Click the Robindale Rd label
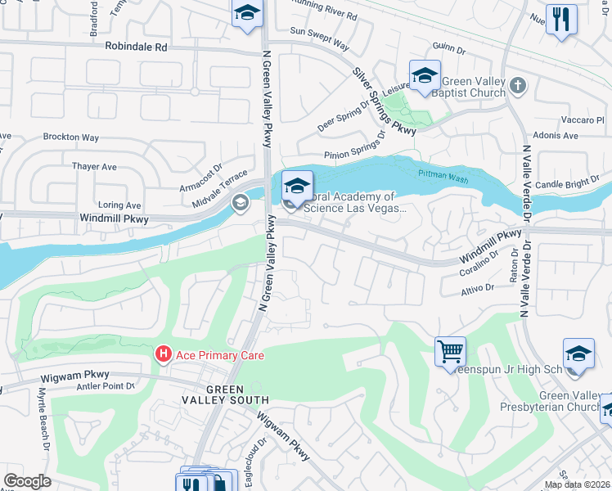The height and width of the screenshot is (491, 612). [x=136, y=47]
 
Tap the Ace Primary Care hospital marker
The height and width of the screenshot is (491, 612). [x=164, y=354]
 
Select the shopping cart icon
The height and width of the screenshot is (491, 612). [x=451, y=352]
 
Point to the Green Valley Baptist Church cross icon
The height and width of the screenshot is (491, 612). [x=517, y=85]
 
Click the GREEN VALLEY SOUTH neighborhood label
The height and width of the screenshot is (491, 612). [x=226, y=394]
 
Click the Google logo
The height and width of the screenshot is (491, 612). [x=28, y=481]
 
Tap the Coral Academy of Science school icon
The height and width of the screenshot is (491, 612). [x=297, y=185]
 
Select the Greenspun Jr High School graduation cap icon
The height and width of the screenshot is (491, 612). [x=578, y=354]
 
